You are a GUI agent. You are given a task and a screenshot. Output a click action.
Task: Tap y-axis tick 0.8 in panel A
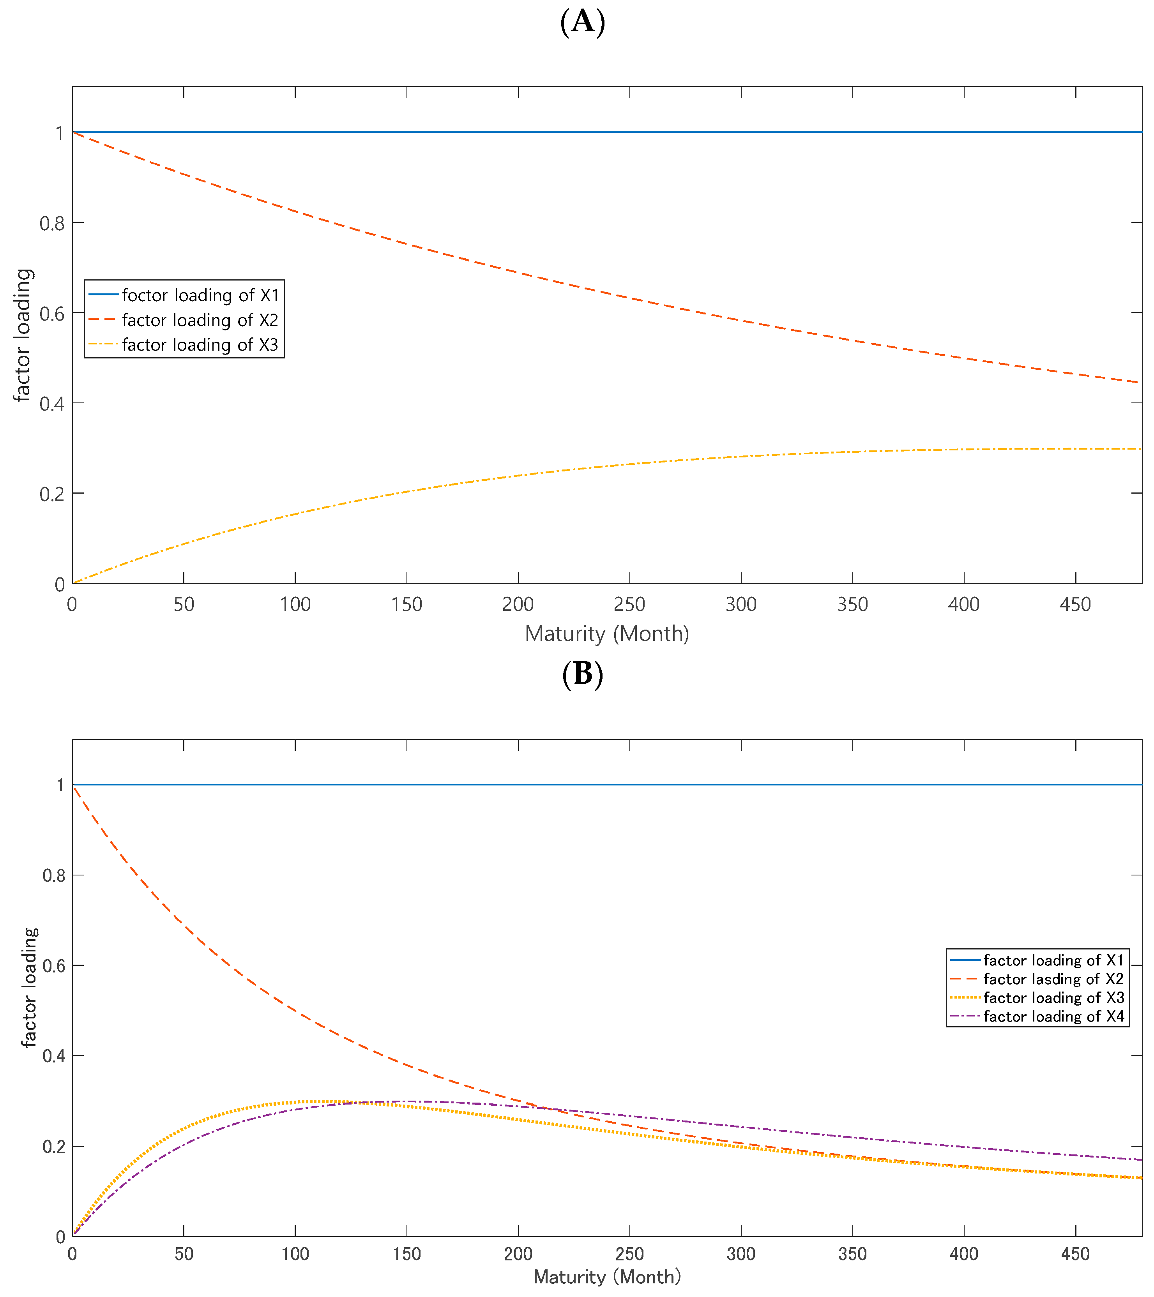click(x=52, y=223)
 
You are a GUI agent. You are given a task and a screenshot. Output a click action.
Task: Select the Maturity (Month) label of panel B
click(x=607, y=1277)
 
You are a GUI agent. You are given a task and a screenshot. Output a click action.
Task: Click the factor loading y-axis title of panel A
click(x=23, y=335)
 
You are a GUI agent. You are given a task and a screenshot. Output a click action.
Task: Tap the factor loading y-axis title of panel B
click(x=29, y=987)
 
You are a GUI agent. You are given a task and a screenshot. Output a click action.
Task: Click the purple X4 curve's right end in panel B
click(x=1136, y=1159)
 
